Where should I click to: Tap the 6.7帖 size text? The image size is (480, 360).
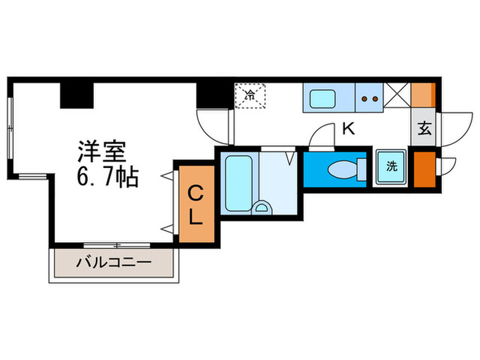108,178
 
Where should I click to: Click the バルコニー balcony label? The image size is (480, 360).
114,261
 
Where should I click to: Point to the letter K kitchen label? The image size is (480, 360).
348,128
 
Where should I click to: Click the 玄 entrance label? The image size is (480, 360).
424,129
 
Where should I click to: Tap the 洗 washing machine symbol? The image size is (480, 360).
392,166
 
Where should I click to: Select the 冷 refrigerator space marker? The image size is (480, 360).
250,96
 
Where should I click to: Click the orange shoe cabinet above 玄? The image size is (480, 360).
423,95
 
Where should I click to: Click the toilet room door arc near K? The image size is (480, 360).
320,138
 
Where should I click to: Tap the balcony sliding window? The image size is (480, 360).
117,244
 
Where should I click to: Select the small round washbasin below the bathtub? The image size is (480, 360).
261,206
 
